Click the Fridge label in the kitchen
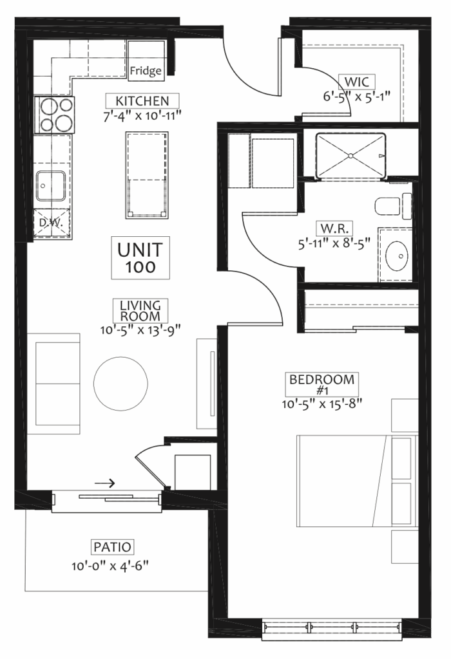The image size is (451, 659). tap(146, 71)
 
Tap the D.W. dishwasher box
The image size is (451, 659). tap(51, 223)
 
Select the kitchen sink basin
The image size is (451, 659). tap(50, 186)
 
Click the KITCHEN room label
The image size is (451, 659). tap(142, 101)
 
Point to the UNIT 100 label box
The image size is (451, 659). tap(140, 257)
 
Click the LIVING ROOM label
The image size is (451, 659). tap(140, 311)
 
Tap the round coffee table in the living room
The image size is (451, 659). tap(120, 384)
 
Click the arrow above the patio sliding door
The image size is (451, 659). tap(104, 483)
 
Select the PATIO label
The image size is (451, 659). tap(112, 547)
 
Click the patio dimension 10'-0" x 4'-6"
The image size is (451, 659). tap(110, 566)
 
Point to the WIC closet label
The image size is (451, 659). tap(357, 81)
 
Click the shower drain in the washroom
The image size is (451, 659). tap(350, 156)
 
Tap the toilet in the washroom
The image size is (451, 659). tap(393, 206)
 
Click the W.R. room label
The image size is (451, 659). tap(334, 228)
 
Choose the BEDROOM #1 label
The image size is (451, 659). tap(322, 384)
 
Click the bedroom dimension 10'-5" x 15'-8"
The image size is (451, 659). tap(322, 404)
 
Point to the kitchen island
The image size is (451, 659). tap(147, 175)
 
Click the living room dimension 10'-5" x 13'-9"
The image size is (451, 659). tap(140, 329)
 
